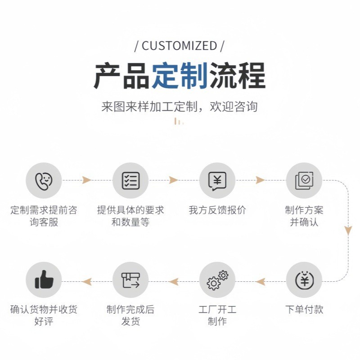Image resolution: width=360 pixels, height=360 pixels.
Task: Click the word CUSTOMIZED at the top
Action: [179, 45]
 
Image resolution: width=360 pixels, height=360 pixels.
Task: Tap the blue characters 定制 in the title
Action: [179, 76]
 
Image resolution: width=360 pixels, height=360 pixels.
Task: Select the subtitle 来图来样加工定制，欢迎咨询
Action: [179, 107]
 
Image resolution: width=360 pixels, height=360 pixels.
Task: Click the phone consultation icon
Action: [44, 180]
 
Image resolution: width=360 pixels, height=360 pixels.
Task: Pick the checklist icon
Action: [130, 180]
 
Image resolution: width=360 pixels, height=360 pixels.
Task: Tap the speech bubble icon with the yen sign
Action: [217, 180]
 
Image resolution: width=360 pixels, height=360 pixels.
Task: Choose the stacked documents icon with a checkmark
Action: [304, 180]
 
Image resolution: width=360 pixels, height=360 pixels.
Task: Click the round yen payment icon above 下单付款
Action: [304, 280]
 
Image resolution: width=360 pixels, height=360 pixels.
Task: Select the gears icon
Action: [217, 280]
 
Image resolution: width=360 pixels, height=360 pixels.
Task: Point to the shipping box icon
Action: [130, 280]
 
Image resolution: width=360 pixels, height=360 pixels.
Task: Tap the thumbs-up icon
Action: [44, 280]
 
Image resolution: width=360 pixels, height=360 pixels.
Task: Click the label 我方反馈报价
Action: [217, 210]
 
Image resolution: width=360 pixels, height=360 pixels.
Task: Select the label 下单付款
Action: [304, 310]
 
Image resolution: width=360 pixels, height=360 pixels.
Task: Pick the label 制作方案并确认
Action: [304, 216]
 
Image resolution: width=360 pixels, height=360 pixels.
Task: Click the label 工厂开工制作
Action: [217, 315]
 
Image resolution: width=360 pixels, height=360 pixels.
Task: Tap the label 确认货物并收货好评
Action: [44, 315]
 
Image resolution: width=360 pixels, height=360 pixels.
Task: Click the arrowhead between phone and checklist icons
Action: [86, 180]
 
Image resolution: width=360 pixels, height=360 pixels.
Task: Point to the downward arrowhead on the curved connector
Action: [348, 231]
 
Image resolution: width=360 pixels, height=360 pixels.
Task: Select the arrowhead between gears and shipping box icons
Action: [174, 282]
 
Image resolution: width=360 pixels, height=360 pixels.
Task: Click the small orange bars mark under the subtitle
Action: [179, 121]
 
